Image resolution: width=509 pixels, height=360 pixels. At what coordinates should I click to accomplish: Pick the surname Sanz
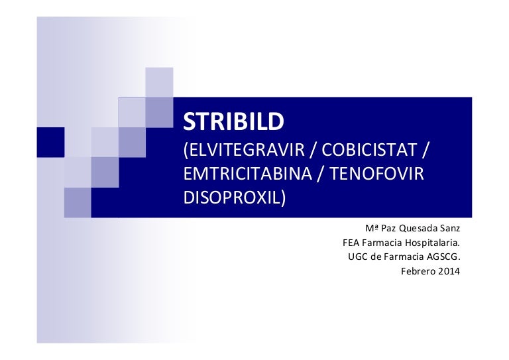click(x=448, y=229)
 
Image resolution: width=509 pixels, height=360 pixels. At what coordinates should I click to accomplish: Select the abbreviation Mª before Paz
click(x=371, y=229)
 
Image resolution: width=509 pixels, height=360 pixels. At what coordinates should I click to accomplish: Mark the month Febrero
click(x=418, y=270)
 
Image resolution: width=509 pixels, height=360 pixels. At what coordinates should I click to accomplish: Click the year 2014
click(x=449, y=270)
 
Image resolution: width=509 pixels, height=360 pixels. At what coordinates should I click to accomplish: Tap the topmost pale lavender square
click(x=159, y=82)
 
